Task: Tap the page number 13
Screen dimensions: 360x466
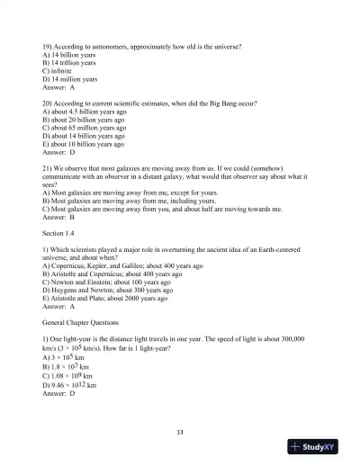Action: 180,433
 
